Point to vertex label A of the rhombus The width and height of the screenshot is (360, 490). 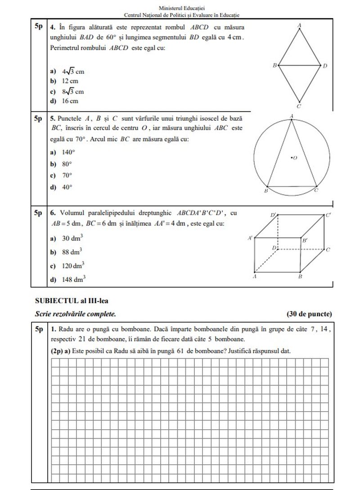click(x=300, y=26)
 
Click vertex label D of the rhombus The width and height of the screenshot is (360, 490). click(x=325, y=66)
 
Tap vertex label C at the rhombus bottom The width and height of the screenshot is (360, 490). click(x=299, y=107)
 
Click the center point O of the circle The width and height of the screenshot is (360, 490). click(x=292, y=158)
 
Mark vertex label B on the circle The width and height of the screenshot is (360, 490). click(x=265, y=191)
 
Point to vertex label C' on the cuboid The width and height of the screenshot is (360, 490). click(x=328, y=215)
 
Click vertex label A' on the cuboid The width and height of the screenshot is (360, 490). click(x=250, y=237)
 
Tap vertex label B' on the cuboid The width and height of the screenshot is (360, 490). click(x=305, y=241)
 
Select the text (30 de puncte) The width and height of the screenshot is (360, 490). click(x=309, y=314)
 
